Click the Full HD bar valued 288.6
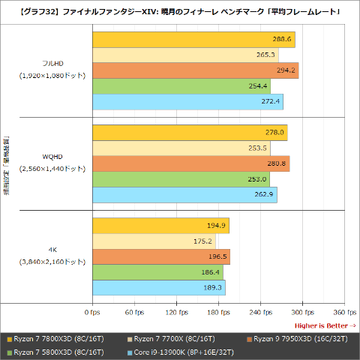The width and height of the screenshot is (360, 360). click(x=193, y=39)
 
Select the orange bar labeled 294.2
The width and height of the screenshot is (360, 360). click(x=195, y=70)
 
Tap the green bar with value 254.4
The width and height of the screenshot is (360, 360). click(x=181, y=85)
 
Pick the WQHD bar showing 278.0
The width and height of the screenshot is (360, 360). click(x=190, y=133)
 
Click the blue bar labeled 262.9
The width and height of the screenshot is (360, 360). click(x=184, y=195)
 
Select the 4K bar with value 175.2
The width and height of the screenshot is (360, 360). click(x=153, y=241)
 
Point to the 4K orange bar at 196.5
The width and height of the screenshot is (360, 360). click(x=160, y=256)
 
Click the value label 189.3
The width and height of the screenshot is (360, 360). click(x=212, y=288)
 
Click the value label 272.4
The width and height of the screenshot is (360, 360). click(x=271, y=101)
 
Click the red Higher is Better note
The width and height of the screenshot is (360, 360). click(x=325, y=325)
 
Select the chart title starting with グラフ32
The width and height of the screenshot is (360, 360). click(x=180, y=11)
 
